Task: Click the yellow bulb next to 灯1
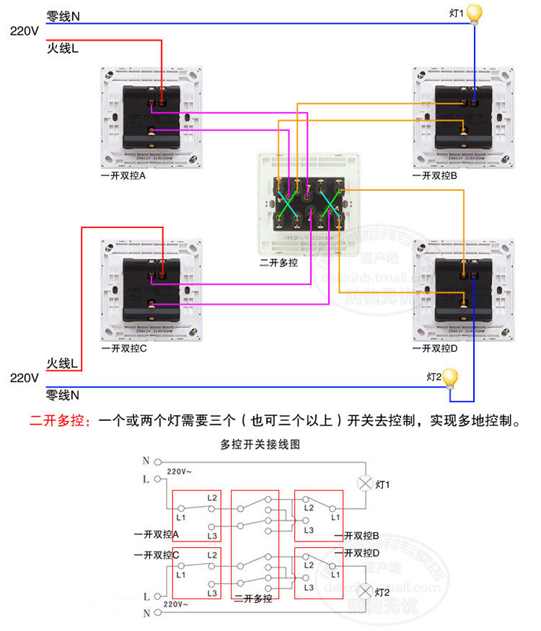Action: click(474, 13)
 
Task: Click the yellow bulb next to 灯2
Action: click(450, 378)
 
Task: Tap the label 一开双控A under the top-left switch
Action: click(123, 175)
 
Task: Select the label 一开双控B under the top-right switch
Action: click(435, 175)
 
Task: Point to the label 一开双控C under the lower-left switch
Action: click(124, 348)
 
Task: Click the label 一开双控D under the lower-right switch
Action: click(435, 348)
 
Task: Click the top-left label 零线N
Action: click(63, 15)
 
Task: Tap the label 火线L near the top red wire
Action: click(63, 49)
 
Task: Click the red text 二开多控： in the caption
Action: click(61, 420)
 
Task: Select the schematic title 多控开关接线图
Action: click(260, 445)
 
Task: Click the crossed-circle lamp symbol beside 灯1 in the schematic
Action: click(365, 484)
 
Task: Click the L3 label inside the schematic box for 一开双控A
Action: click(211, 536)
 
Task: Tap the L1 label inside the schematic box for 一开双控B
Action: click(335, 517)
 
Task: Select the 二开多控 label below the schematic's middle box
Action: click(252, 599)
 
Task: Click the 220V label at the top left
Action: click(24, 31)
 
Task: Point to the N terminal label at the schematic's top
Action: click(146, 461)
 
